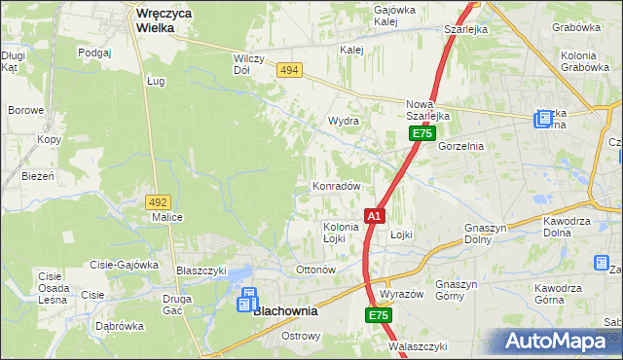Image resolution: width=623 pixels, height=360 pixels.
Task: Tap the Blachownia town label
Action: click(288, 313)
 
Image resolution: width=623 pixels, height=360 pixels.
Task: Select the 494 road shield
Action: click(288, 70)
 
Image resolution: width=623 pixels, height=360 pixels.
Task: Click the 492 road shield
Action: click(158, 201)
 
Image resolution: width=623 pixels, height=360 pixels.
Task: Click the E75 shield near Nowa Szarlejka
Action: click(421, 133)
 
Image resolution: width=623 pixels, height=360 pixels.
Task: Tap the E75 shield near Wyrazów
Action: click(379, 316)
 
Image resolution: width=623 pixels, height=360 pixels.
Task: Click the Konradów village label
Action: click(336, 186)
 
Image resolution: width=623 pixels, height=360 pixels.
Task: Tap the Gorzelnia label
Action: click(460, 145)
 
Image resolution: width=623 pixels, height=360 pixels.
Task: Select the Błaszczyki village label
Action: click(201, 270)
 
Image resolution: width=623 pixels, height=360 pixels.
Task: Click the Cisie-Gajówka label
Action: click(124, 265)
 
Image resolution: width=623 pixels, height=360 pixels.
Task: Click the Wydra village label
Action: click(344, 121)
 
